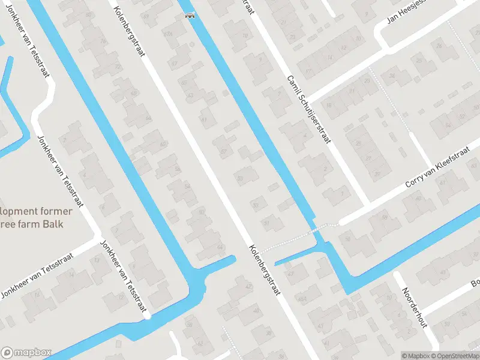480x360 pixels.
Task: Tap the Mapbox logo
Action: pos(26,353)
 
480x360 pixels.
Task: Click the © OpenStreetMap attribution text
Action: pos(454,356)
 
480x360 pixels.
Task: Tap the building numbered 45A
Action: pos(302,298)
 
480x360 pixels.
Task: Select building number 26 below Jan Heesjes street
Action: pos(439,46)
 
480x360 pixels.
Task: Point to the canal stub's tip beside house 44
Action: pos(233,259)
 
